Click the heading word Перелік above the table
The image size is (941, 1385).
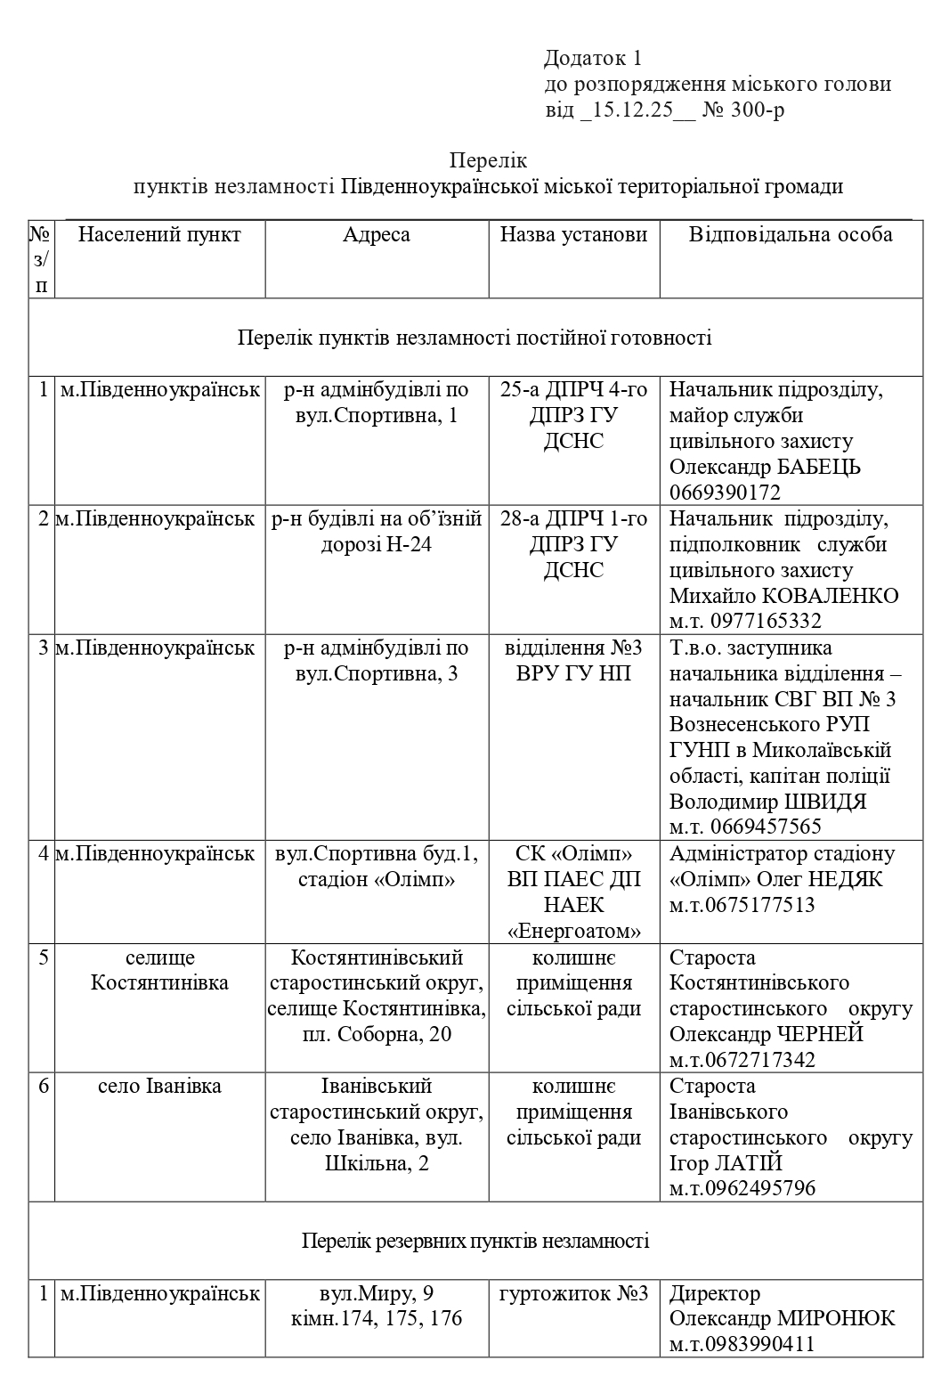click(x=488, y=160)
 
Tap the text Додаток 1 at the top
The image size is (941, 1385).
click(x=592, y=59)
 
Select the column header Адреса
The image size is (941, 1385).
click(x=377, y=234)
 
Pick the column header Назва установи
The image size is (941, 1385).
click(x=573, y=234)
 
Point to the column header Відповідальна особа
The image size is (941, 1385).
click(x=791, y=234)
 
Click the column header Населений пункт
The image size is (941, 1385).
click(x=159, y=234)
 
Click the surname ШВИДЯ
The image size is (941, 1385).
click(x=823, y=801)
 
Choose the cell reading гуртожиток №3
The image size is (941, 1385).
click(x=573, y=1293)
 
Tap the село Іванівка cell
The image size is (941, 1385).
click(x=159, y=1087)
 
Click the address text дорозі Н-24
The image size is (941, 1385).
click(x=377, y=544)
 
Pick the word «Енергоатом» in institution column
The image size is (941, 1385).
click(x=573, y=932)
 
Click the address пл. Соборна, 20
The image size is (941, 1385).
click(x=377, y=1034)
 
